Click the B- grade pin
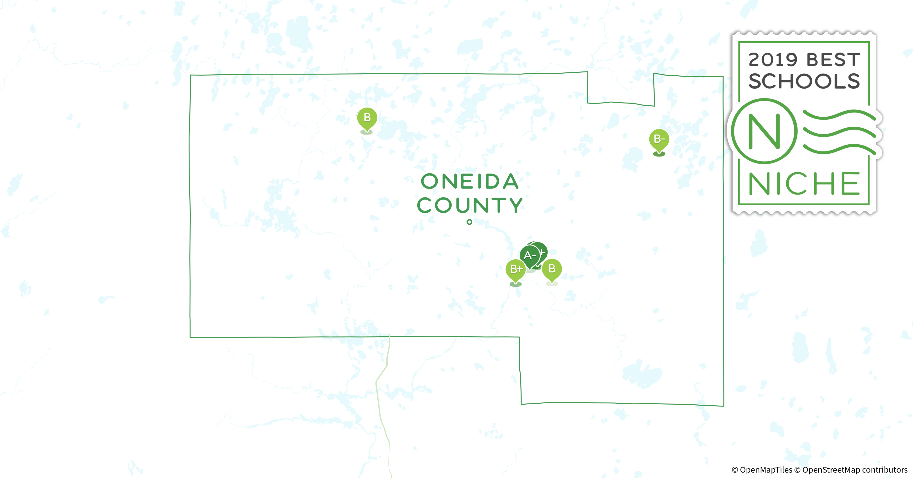[659, 139]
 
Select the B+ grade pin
[516, 269]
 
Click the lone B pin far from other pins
[367, 118]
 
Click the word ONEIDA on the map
[470, 181]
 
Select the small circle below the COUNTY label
[469, 222]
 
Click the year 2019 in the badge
[773, 60]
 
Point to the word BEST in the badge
[833, 60]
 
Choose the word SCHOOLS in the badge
[804, 81]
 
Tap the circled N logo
[765, 131]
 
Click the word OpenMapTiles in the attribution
[766, 470]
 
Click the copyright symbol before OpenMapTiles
[735, 470]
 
